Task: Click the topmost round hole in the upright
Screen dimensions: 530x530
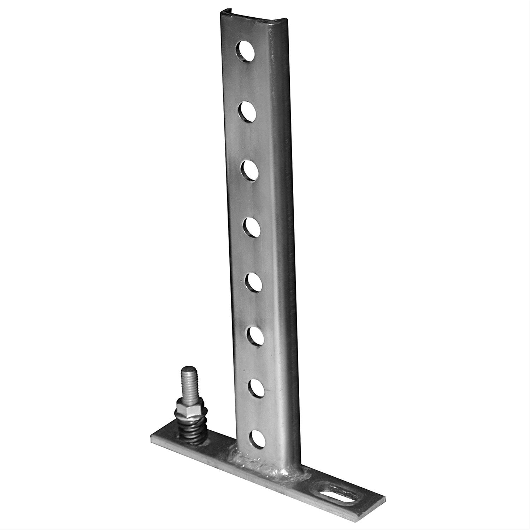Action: [246, 51]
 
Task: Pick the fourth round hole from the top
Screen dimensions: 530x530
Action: [251, 227]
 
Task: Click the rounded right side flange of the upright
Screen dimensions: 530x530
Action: [283, 247]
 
